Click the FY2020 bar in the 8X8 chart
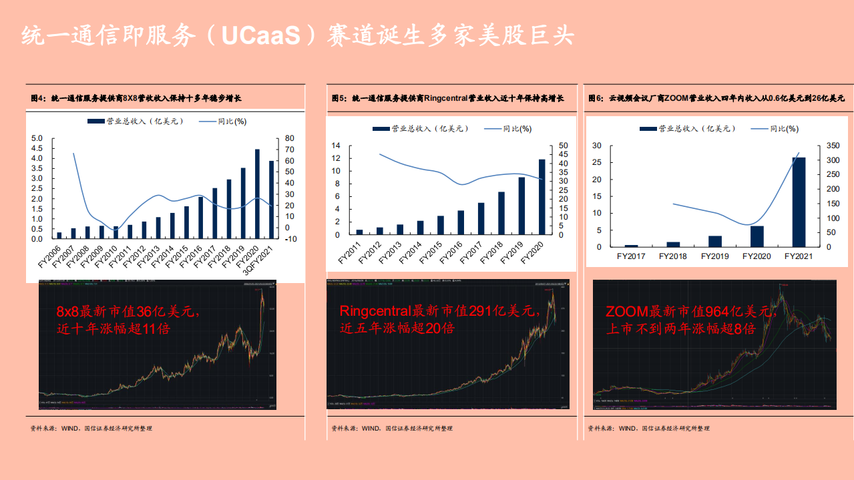258,194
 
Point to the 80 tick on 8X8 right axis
290,138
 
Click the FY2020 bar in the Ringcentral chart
542,197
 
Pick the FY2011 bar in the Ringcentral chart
359,232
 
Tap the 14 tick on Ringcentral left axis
336,146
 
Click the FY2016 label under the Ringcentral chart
450,255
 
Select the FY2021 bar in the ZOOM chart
798,202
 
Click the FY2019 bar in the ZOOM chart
715,242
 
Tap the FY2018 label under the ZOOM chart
672,256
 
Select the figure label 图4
37,98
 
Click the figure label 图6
596,98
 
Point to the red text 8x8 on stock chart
70,312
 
